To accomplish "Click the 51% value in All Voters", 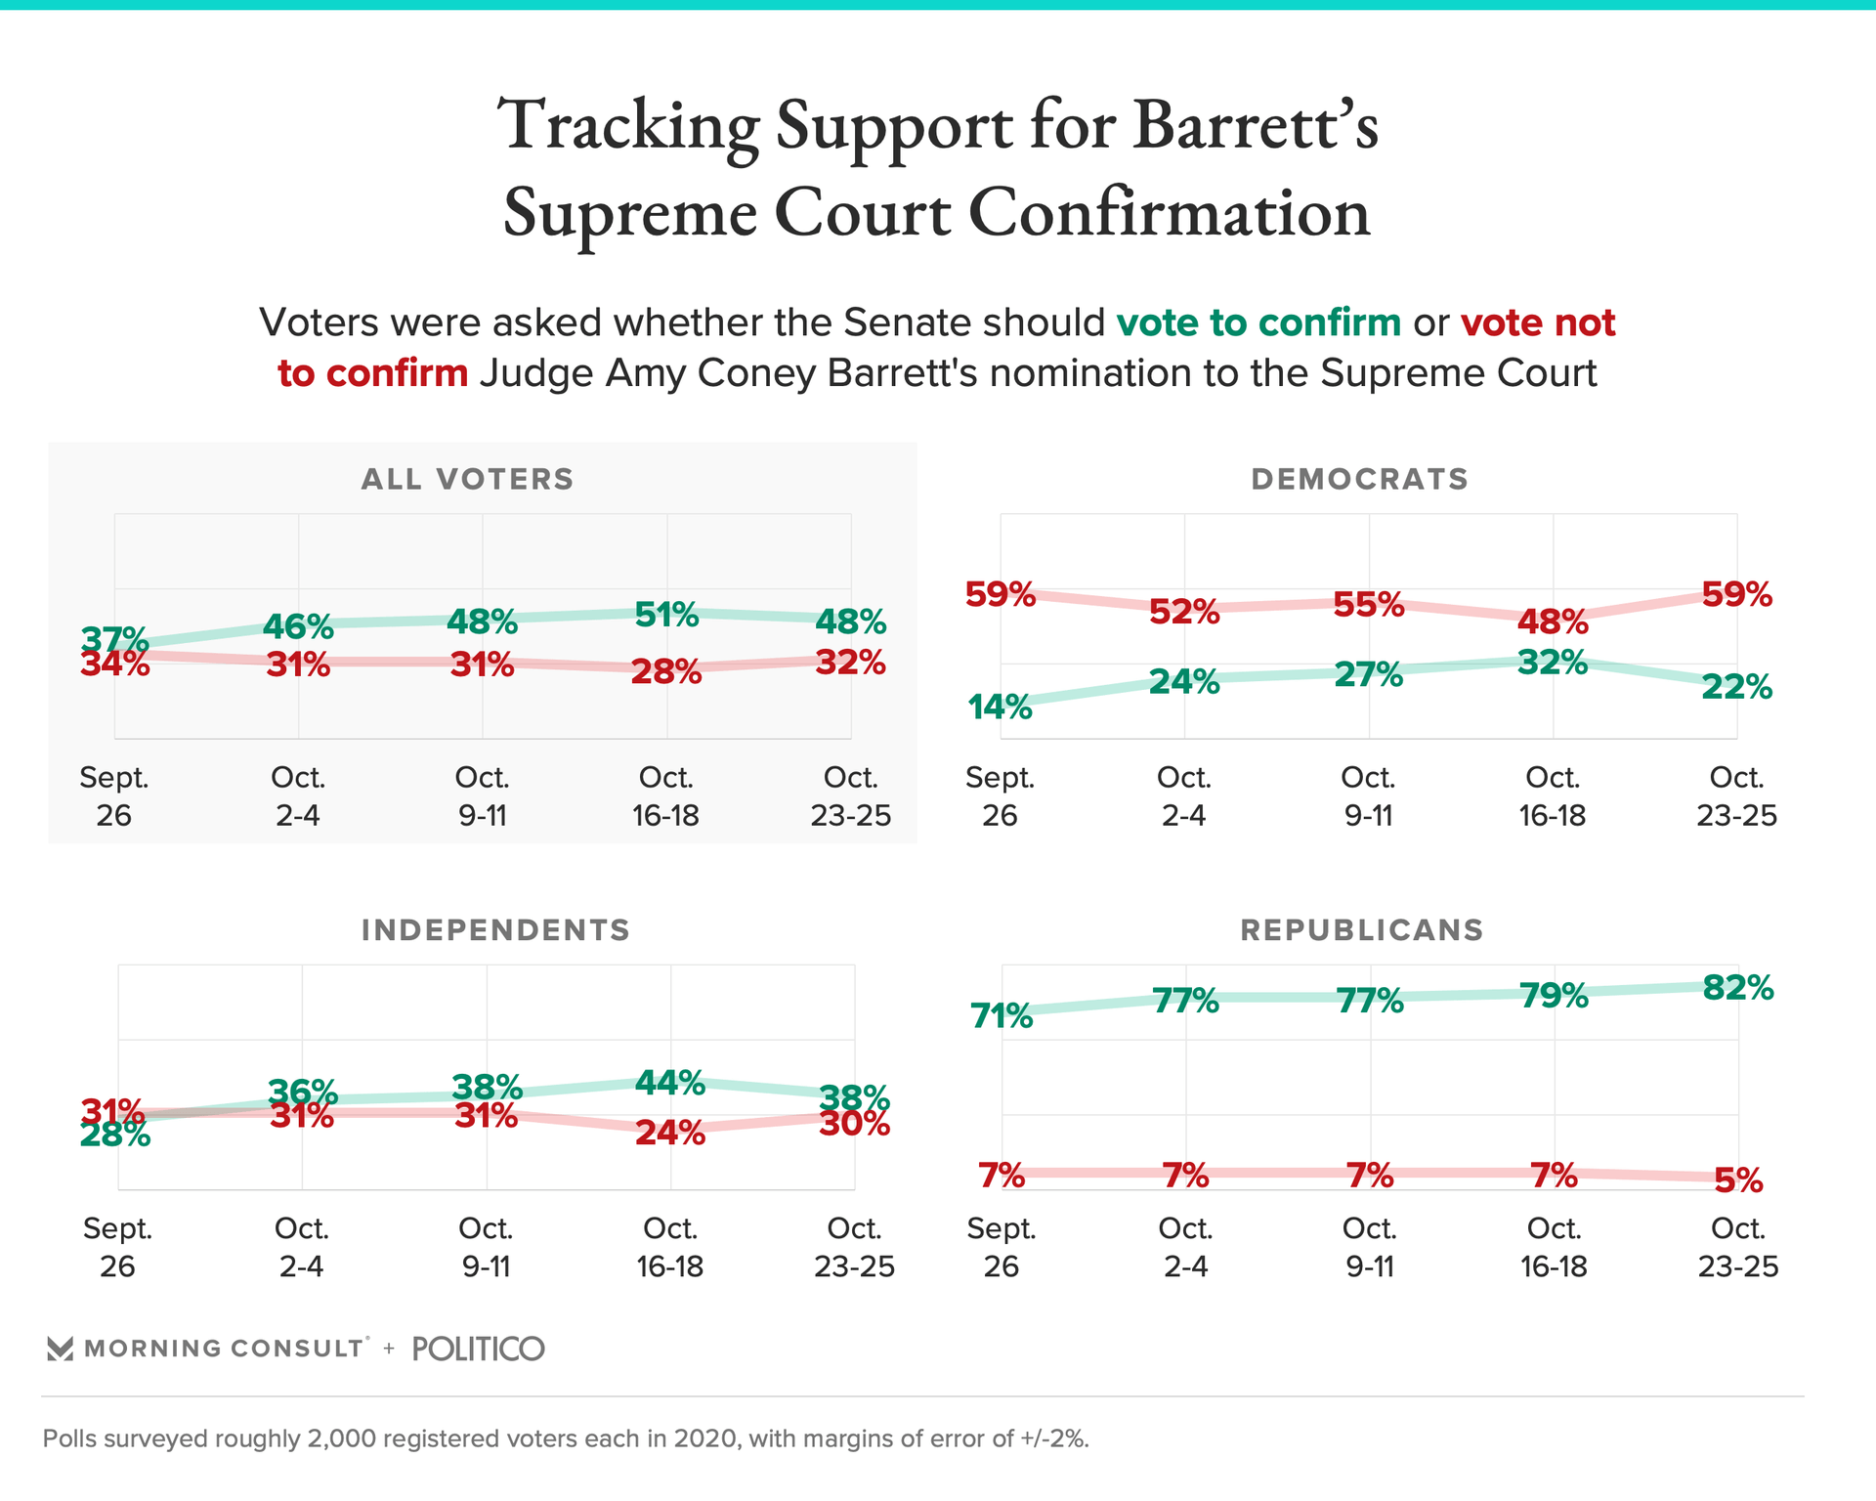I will (666, 616).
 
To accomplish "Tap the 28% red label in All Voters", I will (666, 672).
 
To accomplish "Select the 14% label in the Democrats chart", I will (1000, 707).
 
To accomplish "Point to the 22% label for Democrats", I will (1736, 688).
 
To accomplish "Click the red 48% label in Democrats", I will (1553, 622).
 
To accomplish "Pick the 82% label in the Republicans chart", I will (1737, 988).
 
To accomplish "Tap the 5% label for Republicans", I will (1738, 1181).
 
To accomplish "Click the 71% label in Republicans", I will (1002, 1016).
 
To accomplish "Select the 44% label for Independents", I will (670, 1083).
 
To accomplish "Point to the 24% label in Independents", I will (670, 1134).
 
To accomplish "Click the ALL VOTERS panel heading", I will (468, 479).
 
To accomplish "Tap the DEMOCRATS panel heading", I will (1359, 479).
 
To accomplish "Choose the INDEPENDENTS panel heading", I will (495, 929).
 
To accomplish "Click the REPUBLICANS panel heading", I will (1361, 929).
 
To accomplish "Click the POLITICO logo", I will (478, 1349).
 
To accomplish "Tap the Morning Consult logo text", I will (224, 1349).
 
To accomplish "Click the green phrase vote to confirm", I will (1258, 322).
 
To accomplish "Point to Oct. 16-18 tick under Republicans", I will (1554, 1247).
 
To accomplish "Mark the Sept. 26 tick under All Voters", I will (114, 796).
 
